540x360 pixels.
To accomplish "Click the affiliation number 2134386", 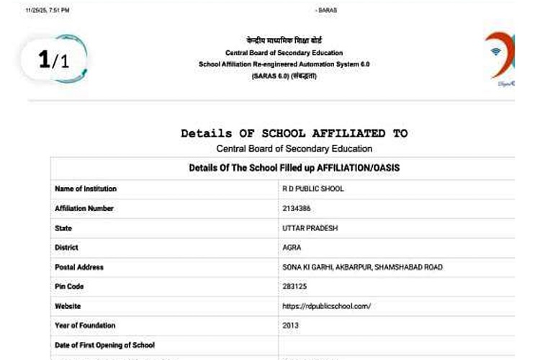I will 298,209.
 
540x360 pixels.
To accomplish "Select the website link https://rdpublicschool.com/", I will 327,306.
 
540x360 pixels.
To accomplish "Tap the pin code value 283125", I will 296,287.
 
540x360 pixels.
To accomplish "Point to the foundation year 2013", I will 291,325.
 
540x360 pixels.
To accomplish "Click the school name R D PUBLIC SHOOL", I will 314,189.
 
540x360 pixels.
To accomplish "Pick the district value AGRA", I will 292,248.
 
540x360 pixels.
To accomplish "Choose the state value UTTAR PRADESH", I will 310,228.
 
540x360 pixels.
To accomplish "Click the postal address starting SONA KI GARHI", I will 363,267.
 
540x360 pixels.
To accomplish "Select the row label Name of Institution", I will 86,189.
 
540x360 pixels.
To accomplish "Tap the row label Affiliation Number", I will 84,209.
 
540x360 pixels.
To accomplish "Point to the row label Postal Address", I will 79,267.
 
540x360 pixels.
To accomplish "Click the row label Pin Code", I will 69,287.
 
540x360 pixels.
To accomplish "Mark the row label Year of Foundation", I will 85,325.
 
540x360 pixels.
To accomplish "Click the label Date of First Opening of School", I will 105,345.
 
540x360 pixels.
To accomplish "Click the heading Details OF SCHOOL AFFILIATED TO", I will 294,133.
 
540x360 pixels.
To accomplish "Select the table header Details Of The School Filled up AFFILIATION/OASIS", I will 294,168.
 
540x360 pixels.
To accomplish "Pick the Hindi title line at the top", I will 284,41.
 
